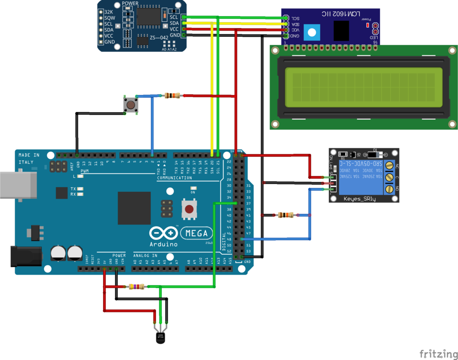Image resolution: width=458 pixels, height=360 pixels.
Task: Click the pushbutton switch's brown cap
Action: point(130,105)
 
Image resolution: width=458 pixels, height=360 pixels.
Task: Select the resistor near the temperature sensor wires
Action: point(136,286)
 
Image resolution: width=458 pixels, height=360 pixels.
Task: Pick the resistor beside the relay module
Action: point(286,215)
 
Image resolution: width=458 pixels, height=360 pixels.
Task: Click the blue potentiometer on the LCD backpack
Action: point(310,31)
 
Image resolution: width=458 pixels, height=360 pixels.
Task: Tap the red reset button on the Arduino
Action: point(189,209)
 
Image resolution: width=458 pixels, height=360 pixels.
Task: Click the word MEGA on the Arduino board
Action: point(197,233)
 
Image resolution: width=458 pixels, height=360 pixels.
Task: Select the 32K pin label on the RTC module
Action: point(109,12)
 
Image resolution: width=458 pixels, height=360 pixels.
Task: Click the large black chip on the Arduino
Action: point(134,208)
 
